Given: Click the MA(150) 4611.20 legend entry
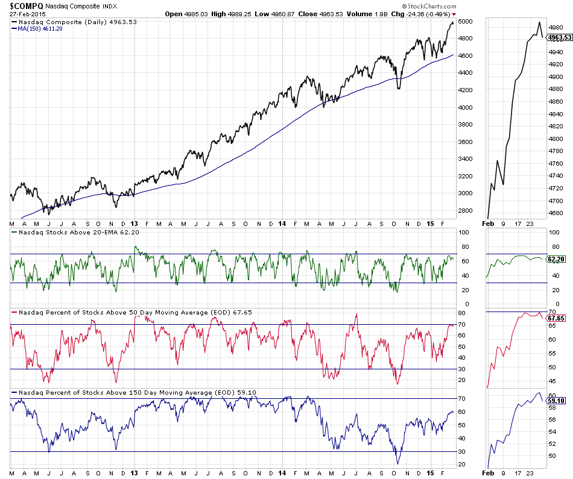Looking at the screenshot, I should [x=42, y=29].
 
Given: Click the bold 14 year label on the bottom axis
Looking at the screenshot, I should [x=282, y=472].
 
